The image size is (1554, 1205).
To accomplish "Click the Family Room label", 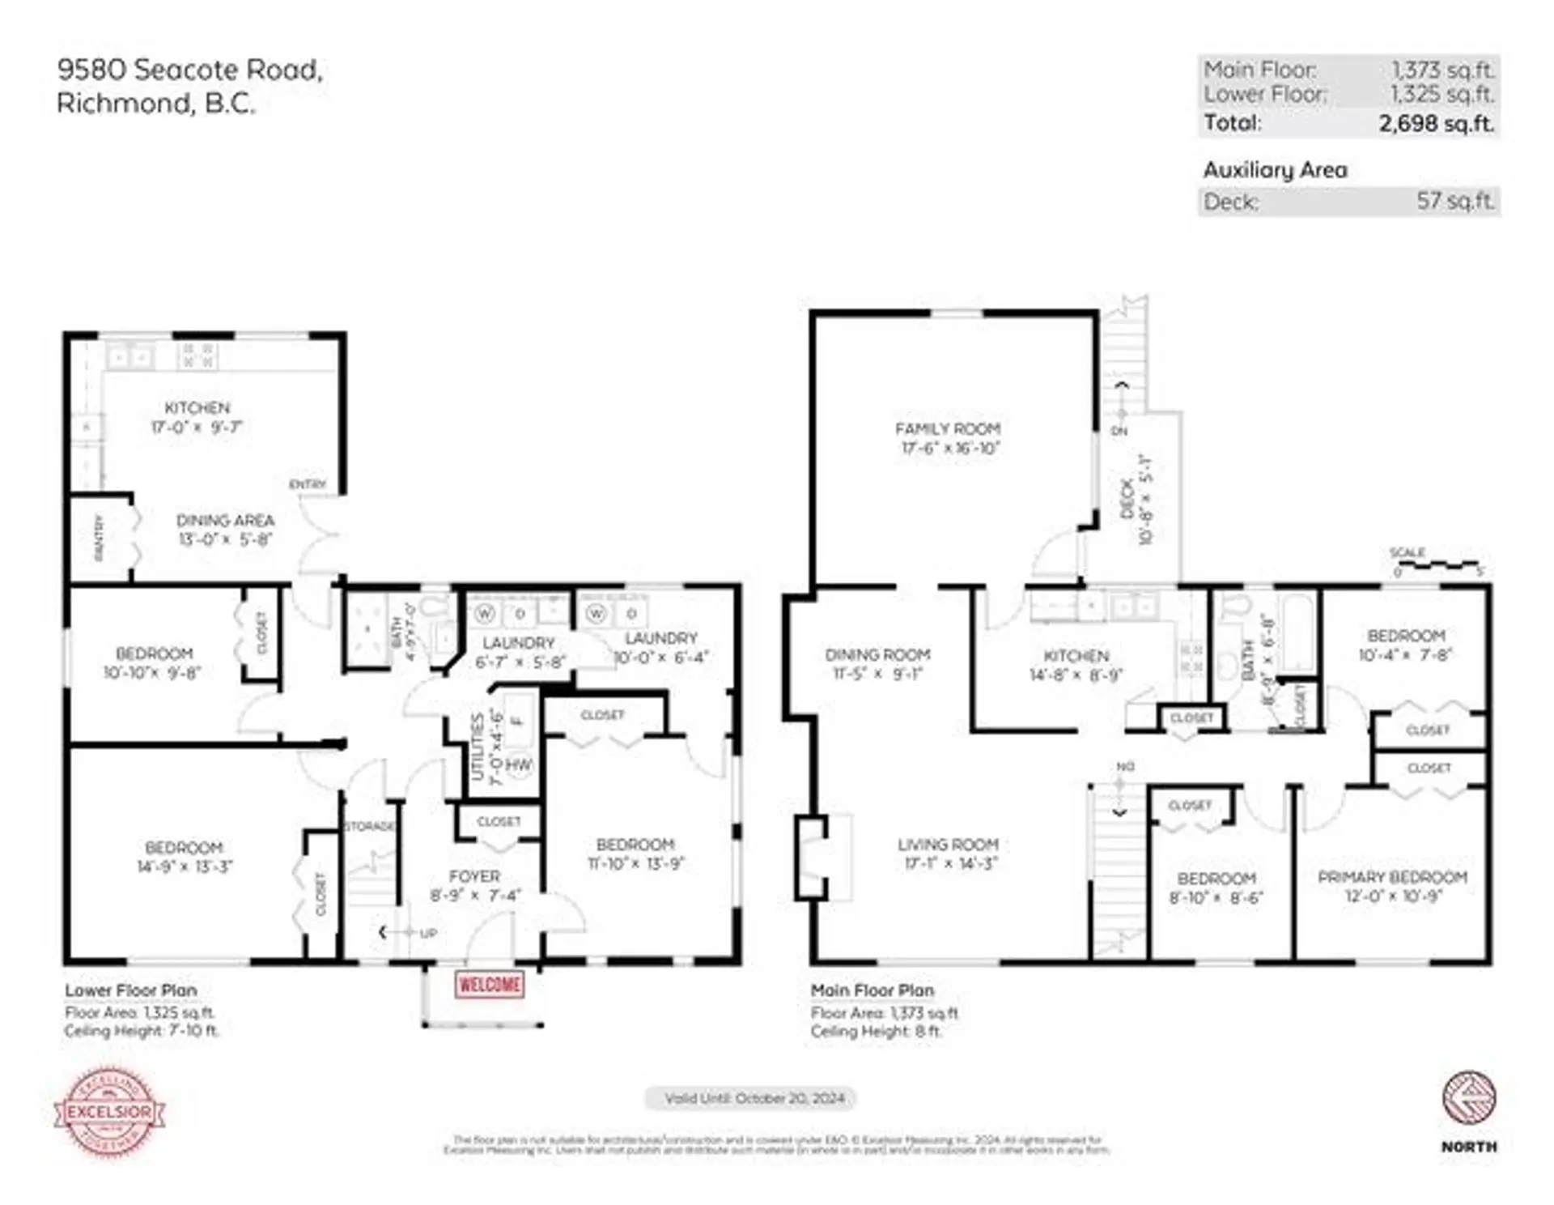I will coord(947,428).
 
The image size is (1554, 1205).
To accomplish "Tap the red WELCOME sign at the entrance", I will coord(489,984).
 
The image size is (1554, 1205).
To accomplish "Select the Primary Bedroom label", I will coord(1392,877).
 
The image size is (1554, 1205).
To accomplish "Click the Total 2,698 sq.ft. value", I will coord(1436,123).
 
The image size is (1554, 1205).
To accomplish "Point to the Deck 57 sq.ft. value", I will coord(1454,201).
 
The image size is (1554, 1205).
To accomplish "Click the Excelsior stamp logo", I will coord(109,1111).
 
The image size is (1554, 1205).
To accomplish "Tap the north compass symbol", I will coord(1468,1098).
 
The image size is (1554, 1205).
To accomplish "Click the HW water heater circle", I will coord(519,764).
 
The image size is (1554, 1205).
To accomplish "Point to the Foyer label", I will coord(474,876).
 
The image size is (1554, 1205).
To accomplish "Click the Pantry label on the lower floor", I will coord(100,537).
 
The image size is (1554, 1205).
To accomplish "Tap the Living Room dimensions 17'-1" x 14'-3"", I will coord(950,863).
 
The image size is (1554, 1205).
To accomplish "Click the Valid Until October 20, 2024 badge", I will coord(754,1098).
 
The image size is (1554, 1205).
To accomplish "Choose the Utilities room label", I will coord(478,747).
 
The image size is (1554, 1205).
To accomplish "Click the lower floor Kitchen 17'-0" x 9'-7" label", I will coord(197,417).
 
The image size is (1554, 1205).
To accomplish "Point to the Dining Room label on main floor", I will coord(877,654).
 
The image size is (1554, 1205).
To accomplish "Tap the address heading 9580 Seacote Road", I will coord(190,70).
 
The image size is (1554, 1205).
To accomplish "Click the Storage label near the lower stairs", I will coord(369,826).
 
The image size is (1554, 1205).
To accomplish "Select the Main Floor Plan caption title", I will coord(872,990).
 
